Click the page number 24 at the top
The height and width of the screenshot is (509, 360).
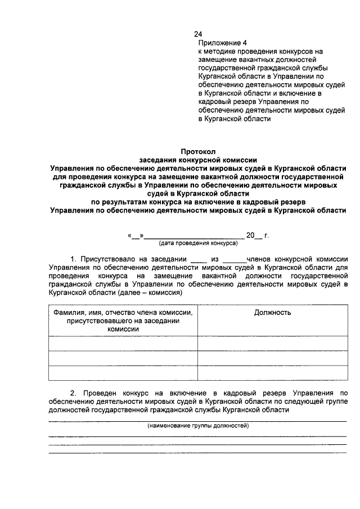point(197,34)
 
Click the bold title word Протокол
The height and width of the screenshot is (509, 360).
point(198,151)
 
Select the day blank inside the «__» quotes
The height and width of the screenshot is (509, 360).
point(136,236)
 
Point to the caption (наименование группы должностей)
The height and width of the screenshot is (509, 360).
point(198,426)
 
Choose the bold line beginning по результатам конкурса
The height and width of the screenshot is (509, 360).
point(198,201)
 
